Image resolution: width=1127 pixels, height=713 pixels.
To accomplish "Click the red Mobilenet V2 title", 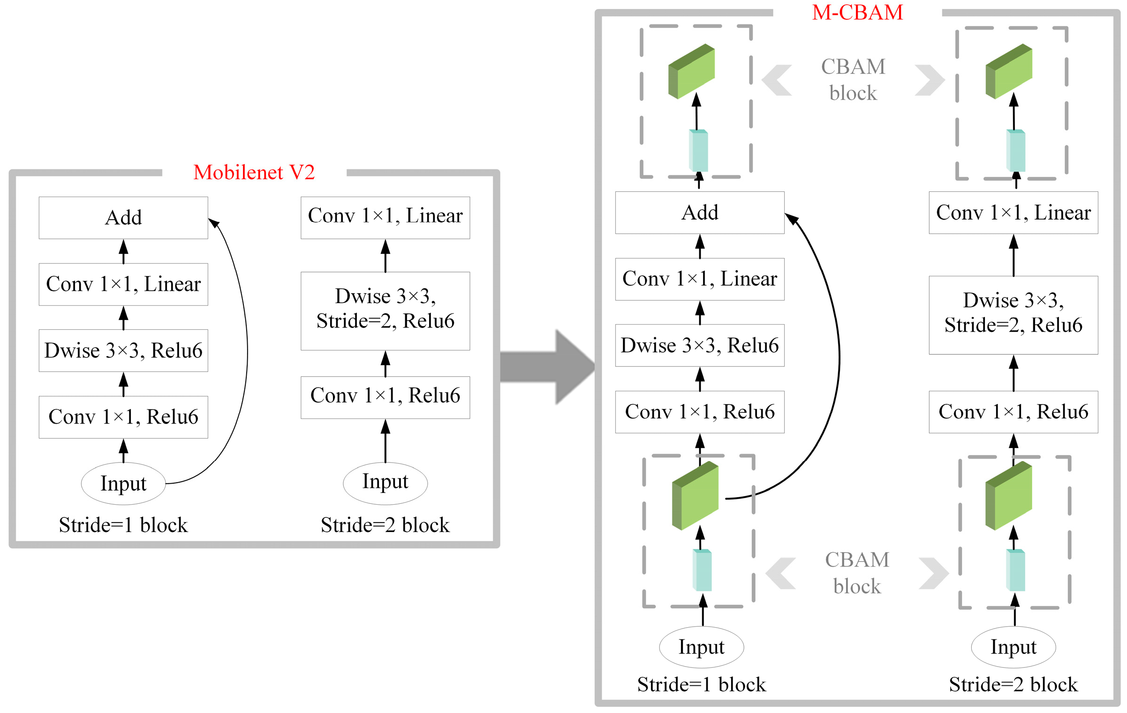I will (254, 173).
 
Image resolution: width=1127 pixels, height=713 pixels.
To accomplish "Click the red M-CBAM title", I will (857, 13).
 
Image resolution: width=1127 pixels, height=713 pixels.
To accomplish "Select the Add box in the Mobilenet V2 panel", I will (123, 218).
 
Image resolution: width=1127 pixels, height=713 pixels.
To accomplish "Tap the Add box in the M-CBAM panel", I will (699, 212).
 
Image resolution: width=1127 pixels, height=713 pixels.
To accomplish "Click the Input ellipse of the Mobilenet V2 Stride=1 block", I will (123, 483).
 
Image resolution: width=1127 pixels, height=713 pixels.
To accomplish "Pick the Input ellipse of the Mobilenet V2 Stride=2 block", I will (385, 482).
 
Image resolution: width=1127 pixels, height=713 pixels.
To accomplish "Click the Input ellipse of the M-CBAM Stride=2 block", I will (1013, 647).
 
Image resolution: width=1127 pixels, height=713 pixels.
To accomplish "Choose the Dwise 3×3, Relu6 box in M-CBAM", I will (699, 345).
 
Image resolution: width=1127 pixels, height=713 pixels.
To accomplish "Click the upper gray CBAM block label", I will (853, 80).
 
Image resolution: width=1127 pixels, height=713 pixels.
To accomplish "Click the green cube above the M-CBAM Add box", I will (691, 71).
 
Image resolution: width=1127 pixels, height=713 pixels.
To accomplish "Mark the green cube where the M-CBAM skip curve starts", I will (695, 496).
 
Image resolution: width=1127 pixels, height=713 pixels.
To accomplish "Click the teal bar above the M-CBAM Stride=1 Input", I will (702, 570).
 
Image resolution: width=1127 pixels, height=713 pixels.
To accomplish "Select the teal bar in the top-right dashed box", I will (1015, 151).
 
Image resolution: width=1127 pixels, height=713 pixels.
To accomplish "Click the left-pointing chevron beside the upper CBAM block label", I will (777, 80).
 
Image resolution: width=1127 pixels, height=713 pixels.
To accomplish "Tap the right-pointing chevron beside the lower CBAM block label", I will (933, 573).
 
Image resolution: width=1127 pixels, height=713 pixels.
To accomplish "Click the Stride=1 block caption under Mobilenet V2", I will (123, 525).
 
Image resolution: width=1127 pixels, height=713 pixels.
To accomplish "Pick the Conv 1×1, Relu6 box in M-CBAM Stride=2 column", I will (1013, 412).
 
